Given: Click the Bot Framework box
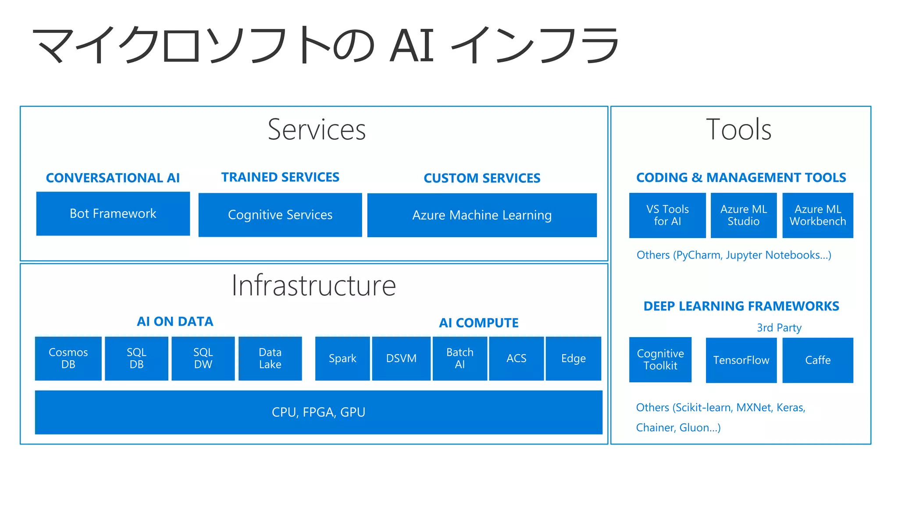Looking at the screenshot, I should (113, 213).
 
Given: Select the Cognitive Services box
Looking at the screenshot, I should (280, 215).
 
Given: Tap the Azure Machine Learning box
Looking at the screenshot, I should (481, 215).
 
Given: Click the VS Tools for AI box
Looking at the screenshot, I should (667, 215).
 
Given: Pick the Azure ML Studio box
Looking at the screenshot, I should (743, 215).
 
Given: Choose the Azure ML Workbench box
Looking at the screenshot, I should (817, 215).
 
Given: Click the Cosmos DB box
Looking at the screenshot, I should (68, 358).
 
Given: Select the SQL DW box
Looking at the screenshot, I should (203, 358).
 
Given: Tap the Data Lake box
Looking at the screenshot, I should (270, 358).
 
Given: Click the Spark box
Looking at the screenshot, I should (342, 358).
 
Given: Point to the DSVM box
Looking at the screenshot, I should (401, 358).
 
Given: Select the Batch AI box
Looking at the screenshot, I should (460, 358).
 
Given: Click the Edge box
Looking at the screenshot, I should (573, 358).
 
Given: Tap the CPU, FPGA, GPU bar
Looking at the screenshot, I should (318, 412).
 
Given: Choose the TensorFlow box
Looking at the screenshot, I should (741, 360).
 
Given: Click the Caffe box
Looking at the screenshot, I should (817, 360).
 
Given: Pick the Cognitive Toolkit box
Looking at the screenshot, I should (660, 359).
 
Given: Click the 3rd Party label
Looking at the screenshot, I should (779, 327).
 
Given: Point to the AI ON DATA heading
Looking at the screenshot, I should (175, 321).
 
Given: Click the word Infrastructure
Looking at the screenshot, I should (314, 285).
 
